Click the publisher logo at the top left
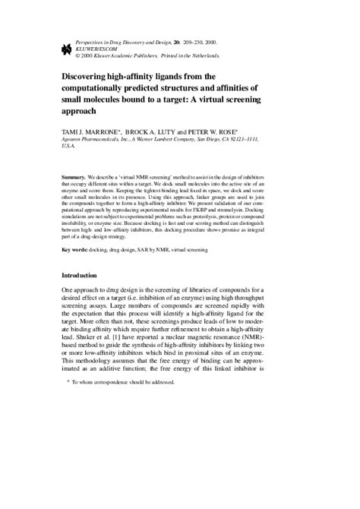tap(54, 51)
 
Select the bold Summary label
tap(74, 177)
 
